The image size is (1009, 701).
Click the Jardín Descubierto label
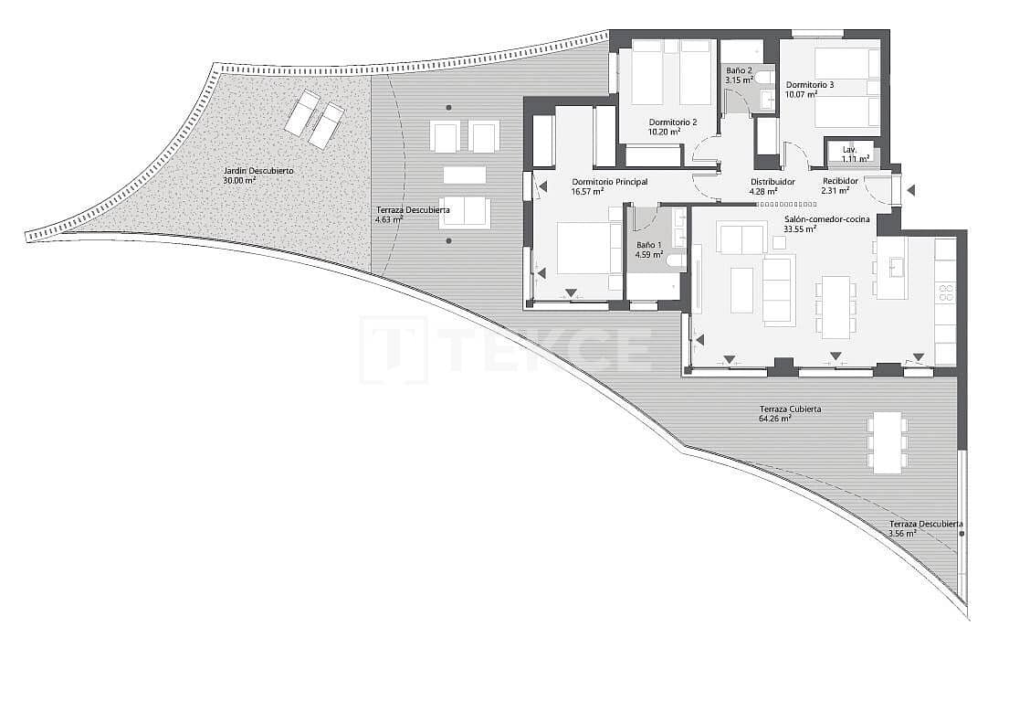258,171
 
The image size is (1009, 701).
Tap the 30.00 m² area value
239,181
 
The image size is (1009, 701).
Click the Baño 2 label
739,70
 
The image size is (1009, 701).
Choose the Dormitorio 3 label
810,85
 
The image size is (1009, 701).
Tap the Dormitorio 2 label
673,122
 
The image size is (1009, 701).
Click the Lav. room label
849,149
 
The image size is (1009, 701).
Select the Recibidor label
840,182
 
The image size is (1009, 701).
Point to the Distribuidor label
773,182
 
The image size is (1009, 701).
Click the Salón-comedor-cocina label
827,219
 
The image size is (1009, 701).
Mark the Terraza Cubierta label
790,409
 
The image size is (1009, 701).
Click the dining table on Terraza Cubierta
887,442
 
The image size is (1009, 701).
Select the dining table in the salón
836,306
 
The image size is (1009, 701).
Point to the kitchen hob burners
945,293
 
